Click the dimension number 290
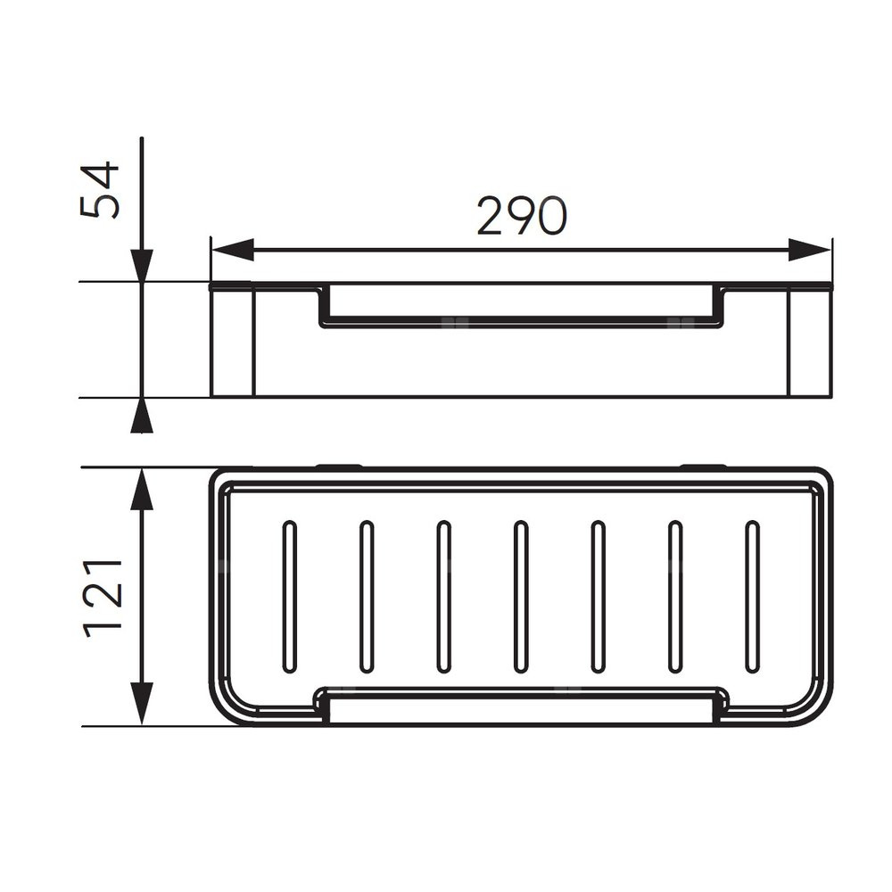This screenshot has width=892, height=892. click(522, 216)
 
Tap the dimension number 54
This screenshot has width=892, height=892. click(100, 191)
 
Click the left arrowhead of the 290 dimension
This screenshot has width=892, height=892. click(233, 250)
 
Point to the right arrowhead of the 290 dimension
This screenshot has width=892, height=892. click(810, 250)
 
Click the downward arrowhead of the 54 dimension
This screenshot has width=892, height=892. click(142, 266)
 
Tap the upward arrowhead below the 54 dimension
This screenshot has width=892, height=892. click(142, 416)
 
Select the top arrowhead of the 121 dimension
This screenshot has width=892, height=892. click(142, 489)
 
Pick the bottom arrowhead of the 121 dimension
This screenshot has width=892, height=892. click(142, 705)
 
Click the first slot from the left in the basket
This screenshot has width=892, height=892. click(290, 597)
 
